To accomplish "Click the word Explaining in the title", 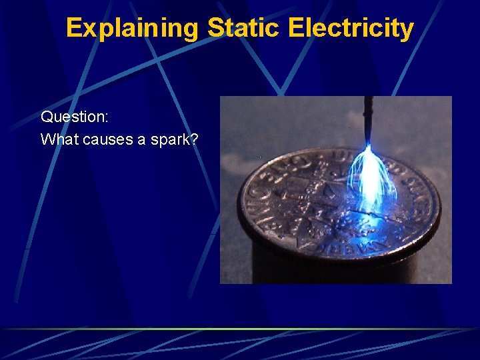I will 133,29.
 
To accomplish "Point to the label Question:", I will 75,117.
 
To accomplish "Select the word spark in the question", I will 171,140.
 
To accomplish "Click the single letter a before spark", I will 141,140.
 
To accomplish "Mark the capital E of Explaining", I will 74,29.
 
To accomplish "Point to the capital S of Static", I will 215,29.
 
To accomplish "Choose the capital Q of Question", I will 47,117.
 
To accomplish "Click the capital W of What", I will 47,139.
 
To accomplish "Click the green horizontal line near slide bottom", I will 240,329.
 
